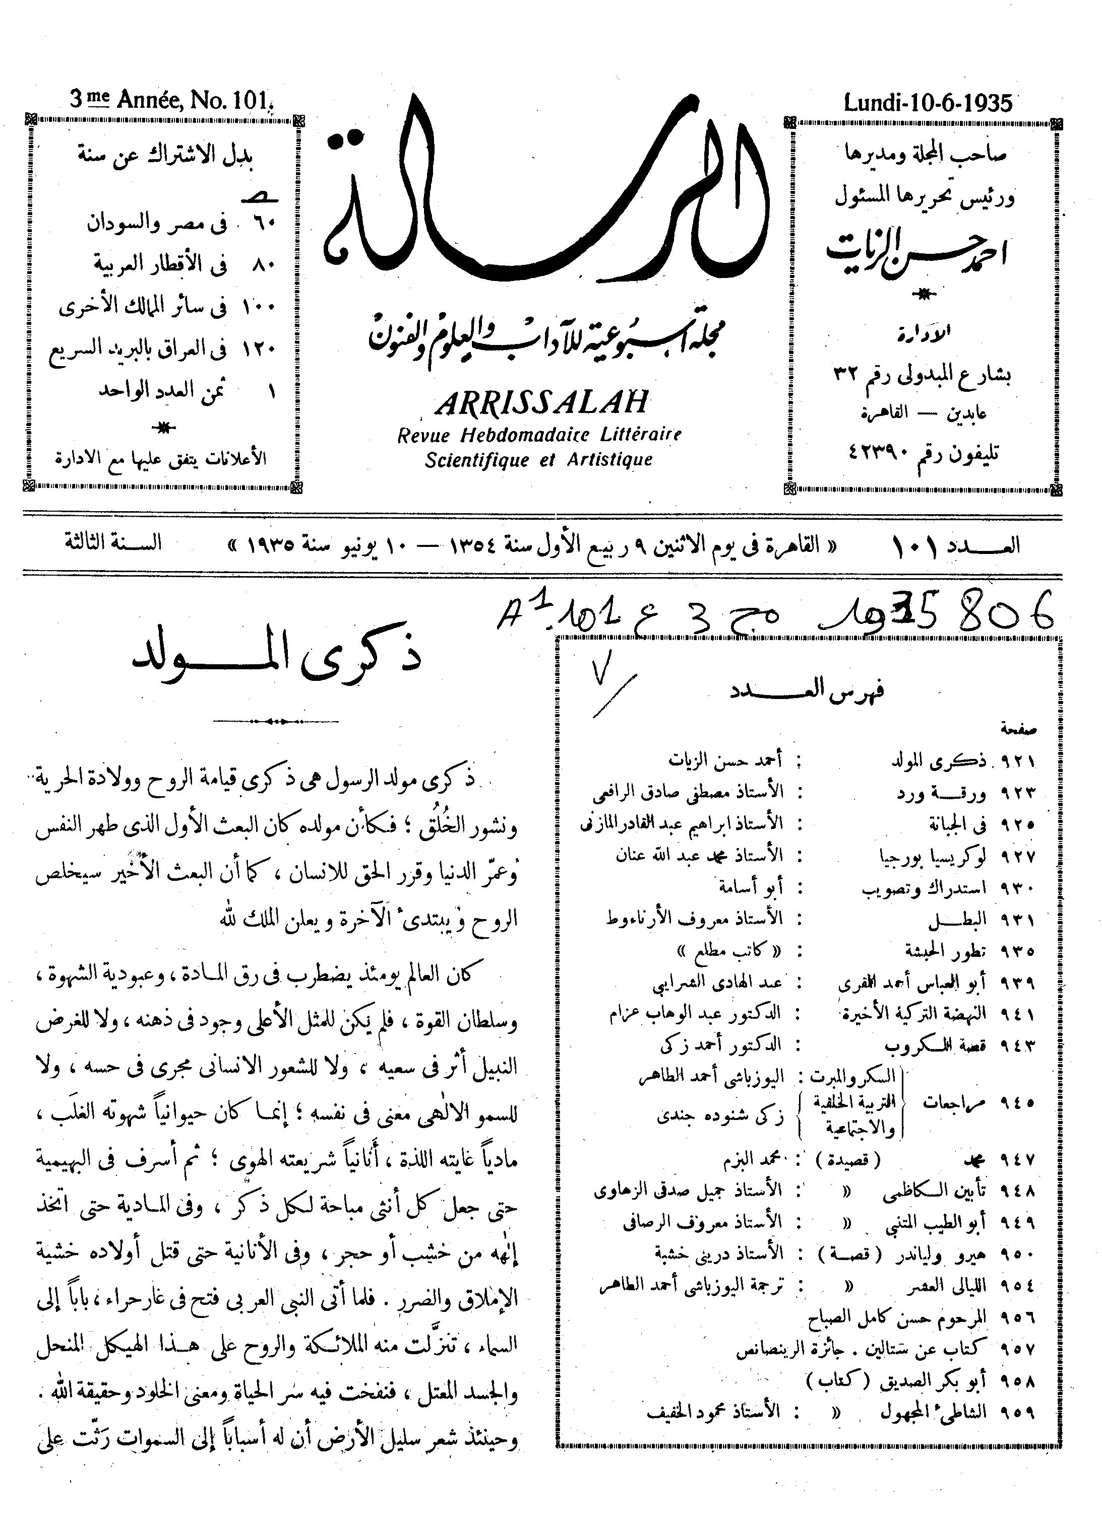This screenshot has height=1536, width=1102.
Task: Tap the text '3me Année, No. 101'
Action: (169, 101)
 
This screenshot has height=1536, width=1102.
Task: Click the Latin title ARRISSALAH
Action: (541, 404)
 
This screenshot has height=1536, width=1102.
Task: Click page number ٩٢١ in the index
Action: (1017, 762)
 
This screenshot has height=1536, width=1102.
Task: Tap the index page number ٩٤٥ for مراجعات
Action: (1017, 1101)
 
